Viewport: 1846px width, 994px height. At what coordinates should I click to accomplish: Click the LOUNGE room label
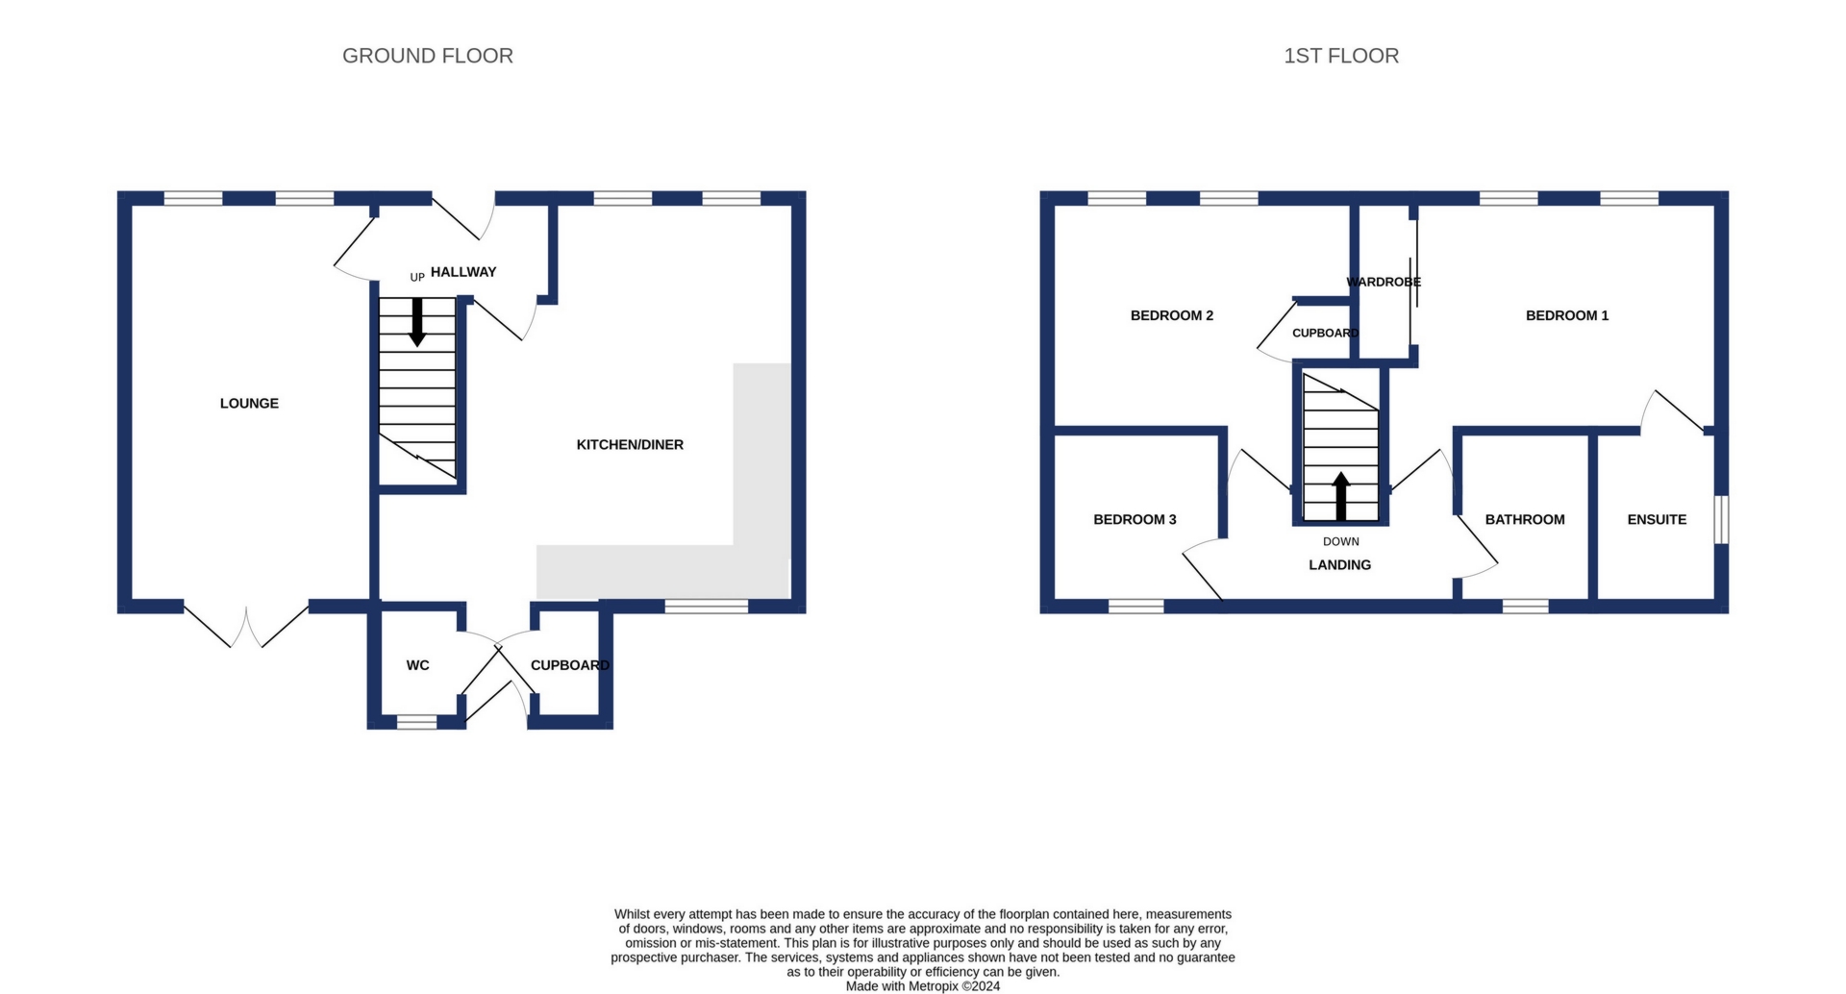point(249,404)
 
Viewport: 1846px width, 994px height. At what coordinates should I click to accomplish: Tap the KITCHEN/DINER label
point(630,445)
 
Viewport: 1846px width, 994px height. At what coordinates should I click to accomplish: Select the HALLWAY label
point(463,272)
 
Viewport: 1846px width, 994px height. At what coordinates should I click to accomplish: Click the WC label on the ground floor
point(417,665)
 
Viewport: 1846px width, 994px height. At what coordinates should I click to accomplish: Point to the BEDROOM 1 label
point(1567,315)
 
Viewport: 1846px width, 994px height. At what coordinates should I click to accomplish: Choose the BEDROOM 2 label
point(1172,315)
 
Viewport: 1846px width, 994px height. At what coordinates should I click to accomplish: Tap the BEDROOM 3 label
point(1135,520)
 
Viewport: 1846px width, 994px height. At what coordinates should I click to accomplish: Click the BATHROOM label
point(1525,520)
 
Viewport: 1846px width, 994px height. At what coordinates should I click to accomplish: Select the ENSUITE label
point(1657,520)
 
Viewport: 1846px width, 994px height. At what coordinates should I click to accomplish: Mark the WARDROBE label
point(1384,282)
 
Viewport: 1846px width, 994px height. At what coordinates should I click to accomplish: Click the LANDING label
point(1340,565)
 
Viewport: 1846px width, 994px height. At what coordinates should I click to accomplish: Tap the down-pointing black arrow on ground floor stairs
point(417,322)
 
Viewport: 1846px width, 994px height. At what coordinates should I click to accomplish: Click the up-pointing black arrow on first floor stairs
point(1341,497)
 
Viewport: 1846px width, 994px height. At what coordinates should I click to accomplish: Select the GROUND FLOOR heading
point(428,56)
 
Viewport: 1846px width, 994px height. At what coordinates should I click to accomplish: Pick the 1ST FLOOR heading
point(1341,56)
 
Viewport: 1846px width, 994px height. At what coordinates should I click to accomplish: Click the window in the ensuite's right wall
point(1721,520)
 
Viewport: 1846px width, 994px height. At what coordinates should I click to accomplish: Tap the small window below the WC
point(416,722)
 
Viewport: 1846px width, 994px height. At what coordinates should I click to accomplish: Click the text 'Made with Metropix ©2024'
point(923,986)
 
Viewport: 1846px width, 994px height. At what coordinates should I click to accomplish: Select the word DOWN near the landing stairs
point(1341,542)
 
